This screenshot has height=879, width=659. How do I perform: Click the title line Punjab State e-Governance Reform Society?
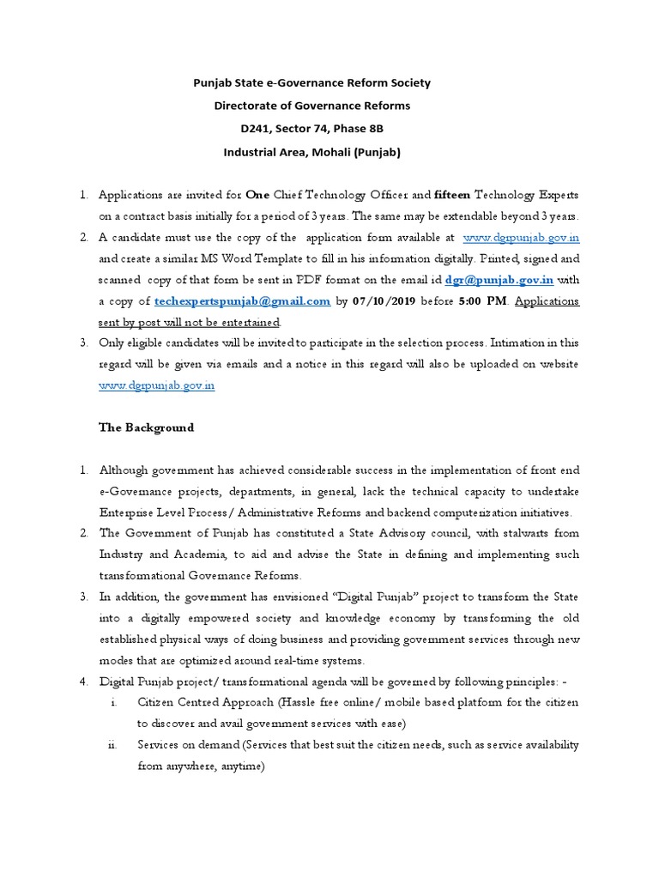311,83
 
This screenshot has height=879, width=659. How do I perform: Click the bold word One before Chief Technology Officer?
257,195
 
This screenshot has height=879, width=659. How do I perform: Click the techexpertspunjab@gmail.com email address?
243,300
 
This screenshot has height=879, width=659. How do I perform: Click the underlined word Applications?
547,300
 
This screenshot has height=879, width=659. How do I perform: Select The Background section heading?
146,427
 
